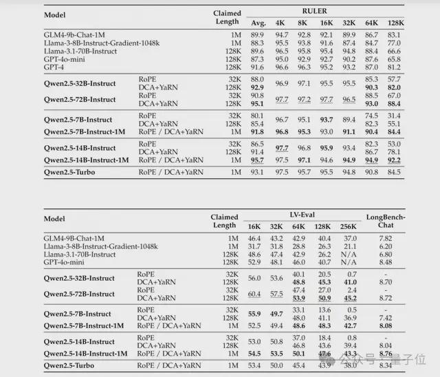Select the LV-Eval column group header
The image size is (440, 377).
tap(305, 215)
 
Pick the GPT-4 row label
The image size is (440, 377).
tap(56, 67)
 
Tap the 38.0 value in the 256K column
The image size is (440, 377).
tap(350, 364)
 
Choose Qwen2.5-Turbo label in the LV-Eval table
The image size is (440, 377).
tap(69, 364)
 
